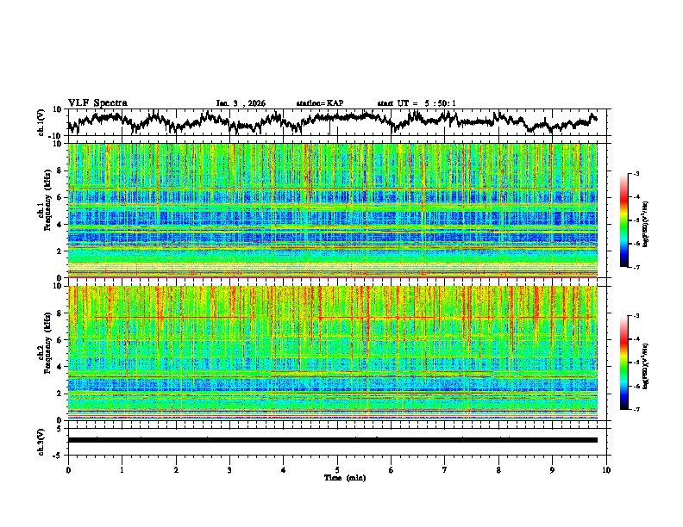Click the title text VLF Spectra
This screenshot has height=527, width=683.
97,102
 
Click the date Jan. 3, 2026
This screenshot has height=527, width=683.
241,103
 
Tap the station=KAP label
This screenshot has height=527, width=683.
319,103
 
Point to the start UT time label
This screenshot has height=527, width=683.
417,103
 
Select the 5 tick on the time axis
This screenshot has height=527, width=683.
337,469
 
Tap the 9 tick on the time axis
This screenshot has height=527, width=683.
553,469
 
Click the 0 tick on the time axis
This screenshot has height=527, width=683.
68,469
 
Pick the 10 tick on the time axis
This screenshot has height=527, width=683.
606,469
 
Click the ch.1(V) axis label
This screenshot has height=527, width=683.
42,122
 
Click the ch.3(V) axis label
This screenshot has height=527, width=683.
42,440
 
